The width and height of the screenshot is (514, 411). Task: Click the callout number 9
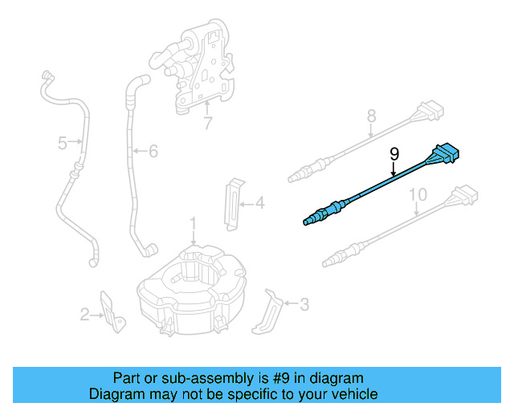[x=394, y=152]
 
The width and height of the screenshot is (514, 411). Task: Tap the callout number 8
[x=371, y=116]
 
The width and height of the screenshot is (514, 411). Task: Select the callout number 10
[x=418, y=195]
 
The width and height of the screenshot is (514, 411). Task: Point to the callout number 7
[x=207, y=124]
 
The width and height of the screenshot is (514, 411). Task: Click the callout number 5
[x=62, y=144]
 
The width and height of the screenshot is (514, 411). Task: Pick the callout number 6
[x=153, y=150]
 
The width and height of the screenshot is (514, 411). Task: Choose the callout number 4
[x=259, y=204]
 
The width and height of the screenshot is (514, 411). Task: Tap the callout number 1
[x=193, y=222]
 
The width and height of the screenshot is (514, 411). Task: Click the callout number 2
[x=84, y=315]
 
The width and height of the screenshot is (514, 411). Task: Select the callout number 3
[x=304, y=304]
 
